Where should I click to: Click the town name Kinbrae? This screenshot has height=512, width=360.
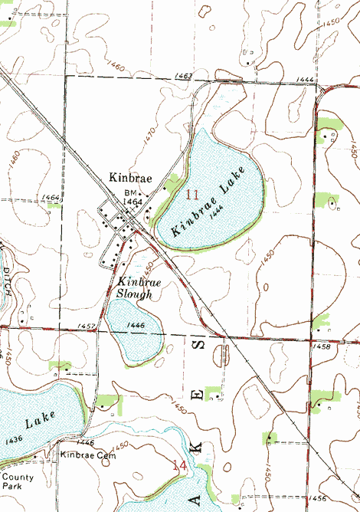click(130, 178)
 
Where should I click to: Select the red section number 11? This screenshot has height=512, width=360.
click(191, 194)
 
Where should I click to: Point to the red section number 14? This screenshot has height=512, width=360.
click(180, 465)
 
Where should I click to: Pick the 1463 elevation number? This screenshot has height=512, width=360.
click(183, 76)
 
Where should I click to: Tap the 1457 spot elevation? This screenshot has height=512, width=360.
click(87, 327)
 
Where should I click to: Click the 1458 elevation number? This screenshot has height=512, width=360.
click(322, 347)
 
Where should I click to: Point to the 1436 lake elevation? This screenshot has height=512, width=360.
click(13, 440)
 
